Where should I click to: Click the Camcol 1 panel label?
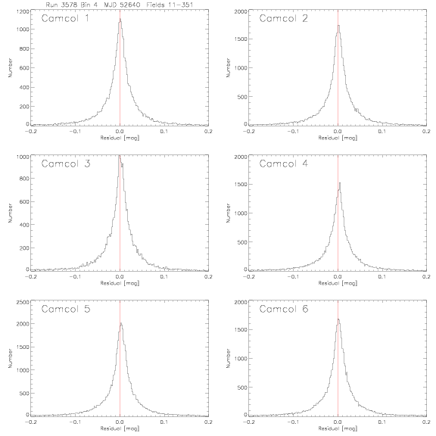click(x=65, y=18)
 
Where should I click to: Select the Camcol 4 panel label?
click(x=284, y=163)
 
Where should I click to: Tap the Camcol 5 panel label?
click(x=66, y=309)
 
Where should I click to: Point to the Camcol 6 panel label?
click(x=284, y=309)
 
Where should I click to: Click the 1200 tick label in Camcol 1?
click(x=23, y=11)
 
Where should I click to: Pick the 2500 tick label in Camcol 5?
click(x=23, y=302)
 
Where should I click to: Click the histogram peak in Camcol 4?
click(x=340, y=183)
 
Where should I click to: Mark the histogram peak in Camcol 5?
click(x=121, y=323)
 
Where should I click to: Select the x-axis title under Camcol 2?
click(x=338, y=138)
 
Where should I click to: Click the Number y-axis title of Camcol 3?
click(x=11, y=213)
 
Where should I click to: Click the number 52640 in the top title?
click(x=130, y=5)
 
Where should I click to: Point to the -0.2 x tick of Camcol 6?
click(x=248, y=422)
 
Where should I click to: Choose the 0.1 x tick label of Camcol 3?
click(x=164, y=277)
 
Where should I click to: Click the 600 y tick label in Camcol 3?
click(x=24, y=201)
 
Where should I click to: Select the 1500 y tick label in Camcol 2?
click(x=241, y=39)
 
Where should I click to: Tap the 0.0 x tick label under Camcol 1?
click(x=120, y=131)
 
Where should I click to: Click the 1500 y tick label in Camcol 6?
click(x=241, y=329)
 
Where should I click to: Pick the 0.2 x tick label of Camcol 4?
click(x=426, y=277)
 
